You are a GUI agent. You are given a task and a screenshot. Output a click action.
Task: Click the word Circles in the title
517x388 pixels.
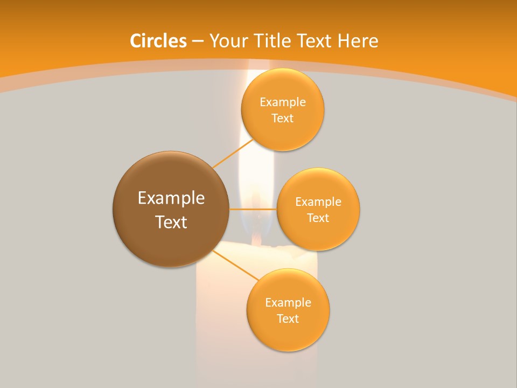click(x=158, y=41)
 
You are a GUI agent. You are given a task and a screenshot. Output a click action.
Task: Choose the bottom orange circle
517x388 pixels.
click(x=288, y=334)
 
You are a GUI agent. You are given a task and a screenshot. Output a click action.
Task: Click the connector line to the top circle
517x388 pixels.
click(x=233, y=153)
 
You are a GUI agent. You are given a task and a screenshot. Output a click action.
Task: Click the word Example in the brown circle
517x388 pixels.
click(x=171, y=198)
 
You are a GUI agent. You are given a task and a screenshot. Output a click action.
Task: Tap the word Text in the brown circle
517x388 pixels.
click(x=171, y=222)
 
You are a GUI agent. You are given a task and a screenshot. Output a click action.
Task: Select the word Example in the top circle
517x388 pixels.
click(x=282, y=102)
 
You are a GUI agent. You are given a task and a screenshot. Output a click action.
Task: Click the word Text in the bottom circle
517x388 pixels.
click(x=288, y=318)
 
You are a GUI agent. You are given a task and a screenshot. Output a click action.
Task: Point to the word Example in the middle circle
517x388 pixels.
click(x=318, y=202)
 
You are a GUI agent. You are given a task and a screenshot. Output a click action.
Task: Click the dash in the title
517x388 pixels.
click(x=198, y=41)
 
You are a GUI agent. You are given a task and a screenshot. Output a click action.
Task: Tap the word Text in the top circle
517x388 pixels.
click(x=282, y=119)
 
